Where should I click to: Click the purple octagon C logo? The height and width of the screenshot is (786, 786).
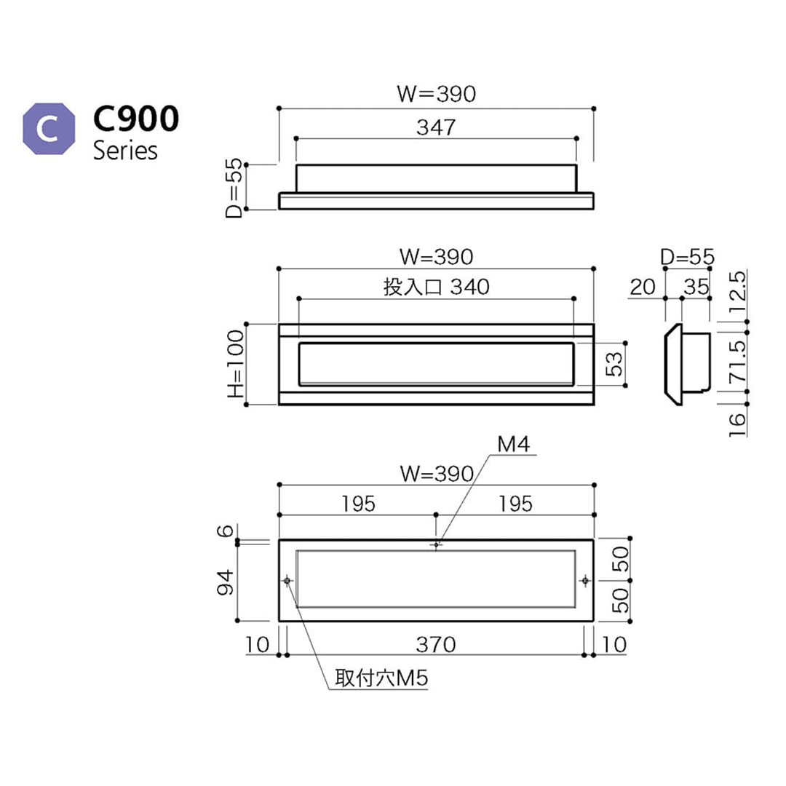pyautogui.click(x=49, y=129)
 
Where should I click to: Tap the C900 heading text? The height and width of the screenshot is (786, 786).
pyautogui.click(x=135, y=119)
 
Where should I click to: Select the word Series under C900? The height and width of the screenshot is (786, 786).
pyautogui.click(x=125, y=151)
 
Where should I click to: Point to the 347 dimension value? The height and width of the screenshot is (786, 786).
pyautogui.click(x=436, y=127)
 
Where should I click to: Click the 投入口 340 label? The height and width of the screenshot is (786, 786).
pyautogui.click(x=436, y=287)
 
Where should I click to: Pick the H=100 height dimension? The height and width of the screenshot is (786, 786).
pyautogui.click(x=235, y=364)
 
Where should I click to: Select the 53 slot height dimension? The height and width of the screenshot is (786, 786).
pyautogui.click(x=615, y=364)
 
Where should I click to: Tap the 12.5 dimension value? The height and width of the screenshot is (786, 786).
pyautogui.click(x=736, y=290)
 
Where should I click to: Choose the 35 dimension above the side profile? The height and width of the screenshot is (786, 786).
pyautogui.click(x=696, y=287)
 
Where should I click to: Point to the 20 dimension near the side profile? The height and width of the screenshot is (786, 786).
pyautogui.click(x=643, y=287)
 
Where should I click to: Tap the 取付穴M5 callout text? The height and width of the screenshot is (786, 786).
pyautogui.click(x=381, y=679)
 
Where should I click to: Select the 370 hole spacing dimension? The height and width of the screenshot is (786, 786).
pyautogui.click(x=436, y=644)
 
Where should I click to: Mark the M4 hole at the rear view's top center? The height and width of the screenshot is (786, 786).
pyautogui.click(x=436, y=544)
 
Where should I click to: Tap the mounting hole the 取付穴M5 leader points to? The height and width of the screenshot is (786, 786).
pyautogui.click(x=287, y=580)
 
